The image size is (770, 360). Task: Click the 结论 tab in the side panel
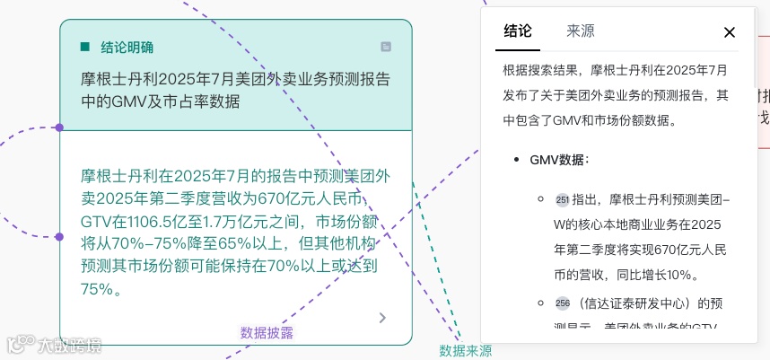518,31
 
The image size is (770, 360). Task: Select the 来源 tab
580,31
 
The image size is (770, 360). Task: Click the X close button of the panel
730,32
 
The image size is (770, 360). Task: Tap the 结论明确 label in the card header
127,47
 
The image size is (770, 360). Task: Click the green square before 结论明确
85,47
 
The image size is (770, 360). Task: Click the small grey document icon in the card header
386,47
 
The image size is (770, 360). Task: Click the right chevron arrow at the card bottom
383,318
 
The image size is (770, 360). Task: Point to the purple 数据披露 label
267,332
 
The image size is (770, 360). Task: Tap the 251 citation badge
563,200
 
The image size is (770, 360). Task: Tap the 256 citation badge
563,303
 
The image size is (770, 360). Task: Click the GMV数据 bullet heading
559,160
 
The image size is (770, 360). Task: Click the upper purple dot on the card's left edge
59,127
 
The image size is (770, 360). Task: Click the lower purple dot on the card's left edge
59,237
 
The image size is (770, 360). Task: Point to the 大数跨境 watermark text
70,344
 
